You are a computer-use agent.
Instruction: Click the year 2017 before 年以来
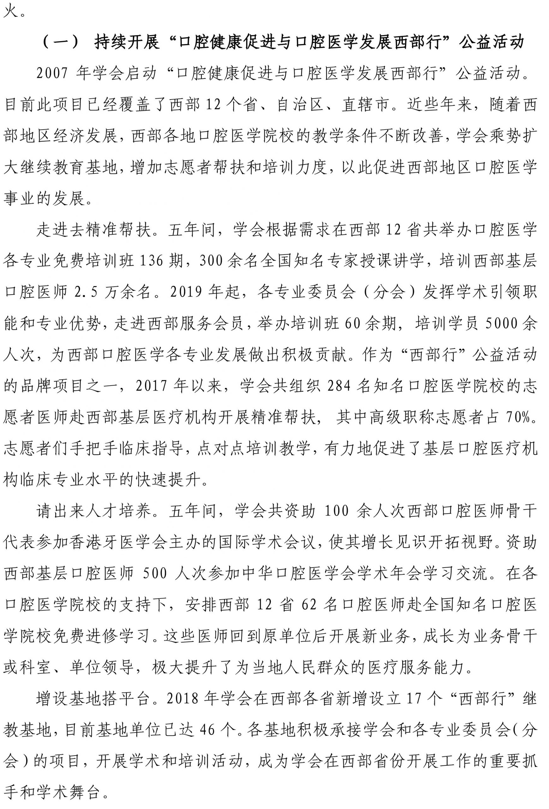pyautogui.click(x=151, y=386)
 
